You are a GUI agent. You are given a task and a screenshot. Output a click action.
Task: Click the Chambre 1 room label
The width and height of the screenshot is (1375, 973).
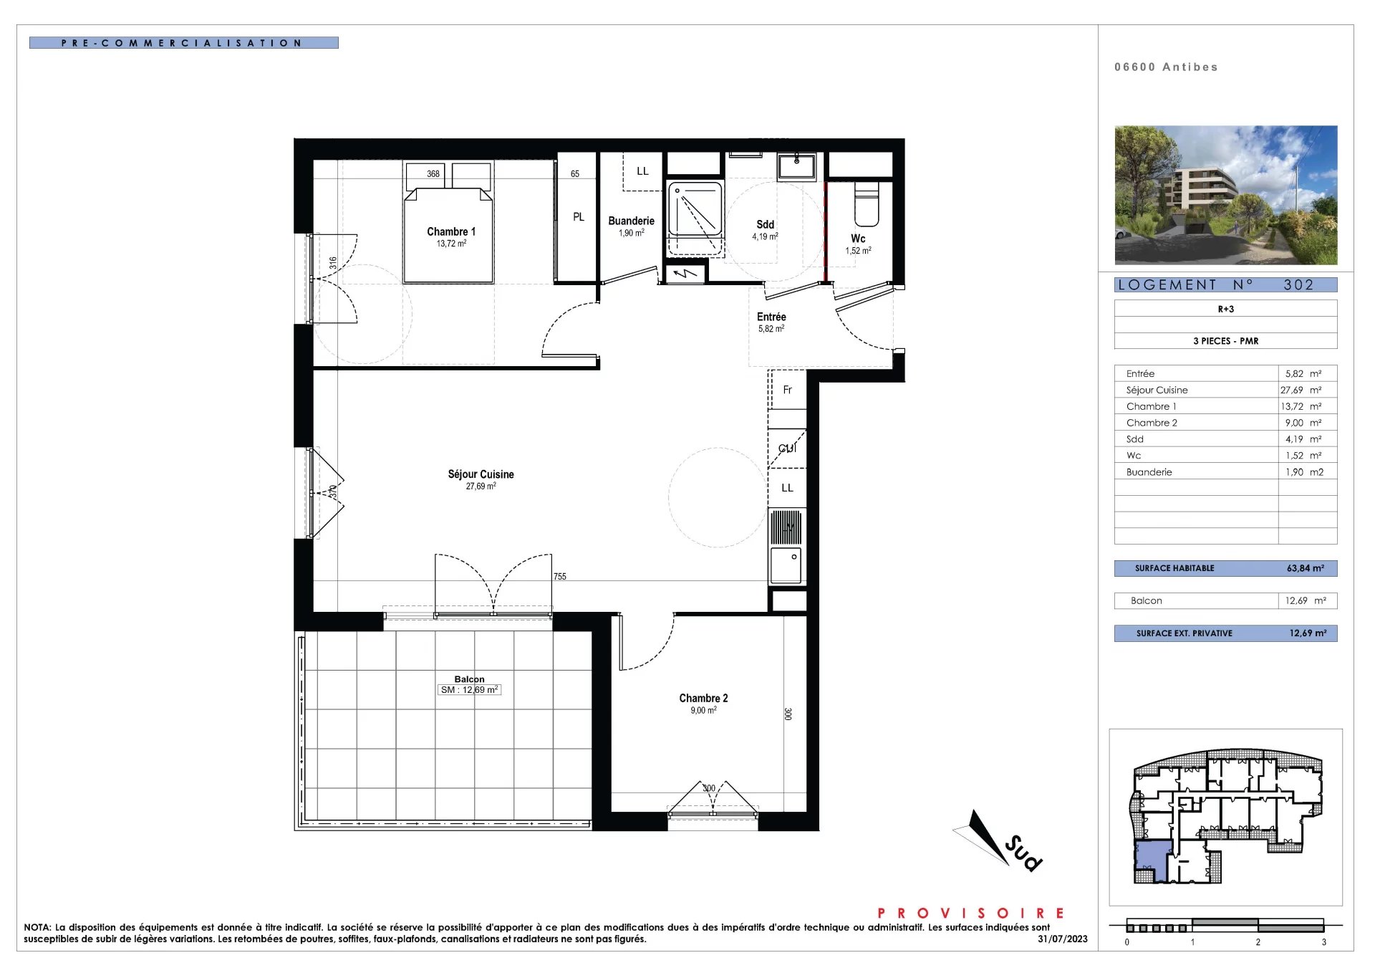pyautogui.click(x=451, y=231)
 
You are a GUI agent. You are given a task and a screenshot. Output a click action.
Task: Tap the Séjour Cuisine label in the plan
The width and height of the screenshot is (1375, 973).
pyautogui.click(x=481, y=474)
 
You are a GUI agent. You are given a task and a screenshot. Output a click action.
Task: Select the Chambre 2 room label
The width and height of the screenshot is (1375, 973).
pyautogui.click(x=703, y=698)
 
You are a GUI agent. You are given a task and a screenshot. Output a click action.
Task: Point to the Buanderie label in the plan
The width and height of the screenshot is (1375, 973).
pyautogui.click(x=631, y=221)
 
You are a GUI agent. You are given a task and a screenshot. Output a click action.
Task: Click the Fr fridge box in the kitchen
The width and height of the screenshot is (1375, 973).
pyautogui.click(x=787, y=389)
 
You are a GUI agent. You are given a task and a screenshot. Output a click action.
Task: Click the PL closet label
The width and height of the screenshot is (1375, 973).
pyautogui.click(x=579, y=217)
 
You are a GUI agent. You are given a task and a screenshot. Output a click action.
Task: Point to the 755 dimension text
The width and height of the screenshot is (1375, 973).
pyautogui.click(x=560, y=576)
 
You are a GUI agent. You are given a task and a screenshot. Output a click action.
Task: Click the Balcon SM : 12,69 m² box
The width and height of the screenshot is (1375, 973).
pyautogui.click(x=469, y=690)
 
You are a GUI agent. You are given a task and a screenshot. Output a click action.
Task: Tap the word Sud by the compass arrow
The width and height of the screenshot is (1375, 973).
pyautogui.click(x=1023, y=853)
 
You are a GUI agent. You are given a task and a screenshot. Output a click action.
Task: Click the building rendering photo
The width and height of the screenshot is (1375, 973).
pyautogui.click(x=1226, y=195)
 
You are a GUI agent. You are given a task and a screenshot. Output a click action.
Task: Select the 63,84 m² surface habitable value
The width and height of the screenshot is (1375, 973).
pyautogui.click(x=1306, y=568)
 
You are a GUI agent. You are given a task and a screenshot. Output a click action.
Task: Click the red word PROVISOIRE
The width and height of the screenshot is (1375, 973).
pyautogui.click(x=971, y=913)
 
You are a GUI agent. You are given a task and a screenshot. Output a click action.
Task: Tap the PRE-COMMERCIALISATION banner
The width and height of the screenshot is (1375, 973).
pyautogui.click(x=183, y=43)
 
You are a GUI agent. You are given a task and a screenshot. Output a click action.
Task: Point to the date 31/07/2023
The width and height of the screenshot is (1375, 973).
pyautogui.click(x=1063, y=939)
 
